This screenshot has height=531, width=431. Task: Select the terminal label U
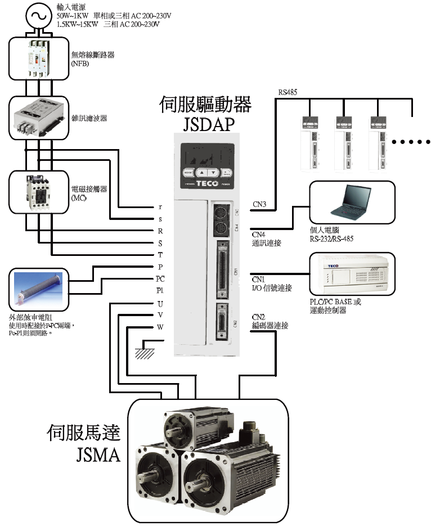pyautogui.click(x=160, y=303)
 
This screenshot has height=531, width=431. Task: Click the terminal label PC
pyautogui.click(x=160, y=278)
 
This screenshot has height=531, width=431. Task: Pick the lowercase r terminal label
pyautogui.click(x=160, y=206)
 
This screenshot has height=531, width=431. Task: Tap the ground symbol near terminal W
pyautogui.click(x=146, y=351)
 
